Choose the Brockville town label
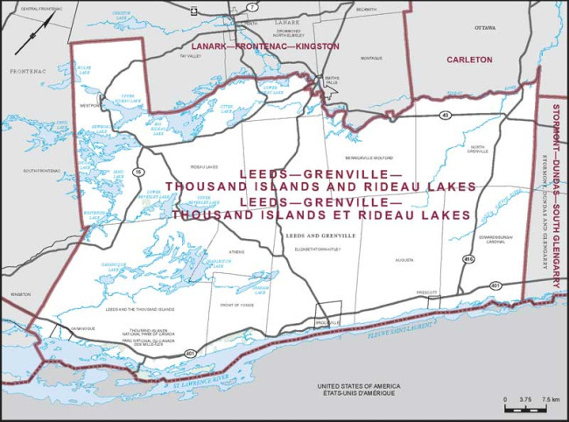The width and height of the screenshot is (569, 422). [x=327, y=321]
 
